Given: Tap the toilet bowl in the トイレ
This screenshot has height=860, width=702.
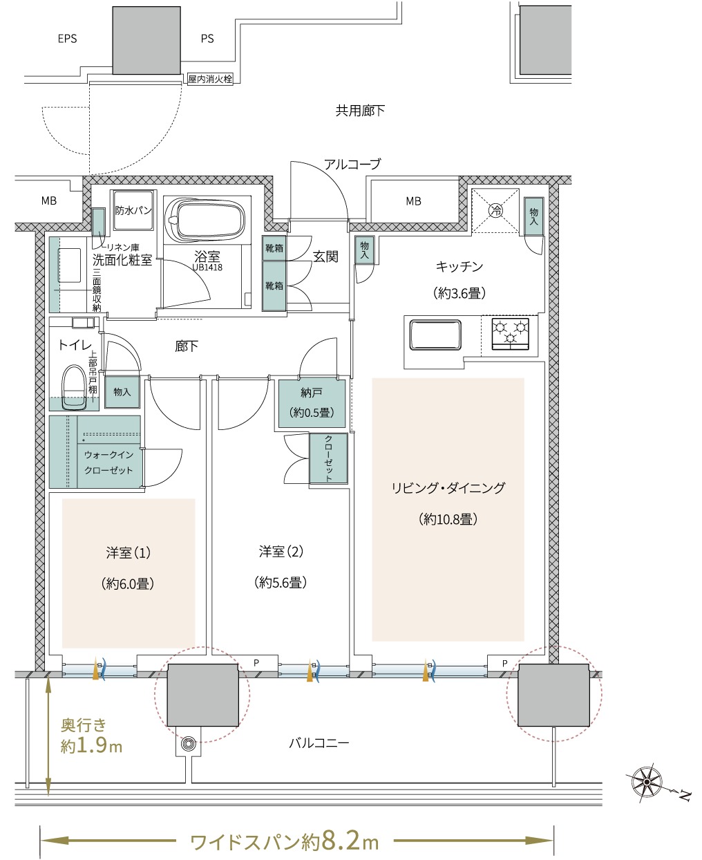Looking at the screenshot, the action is coord(74,386).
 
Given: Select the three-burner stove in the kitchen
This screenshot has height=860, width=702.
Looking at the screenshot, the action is coord(511,334).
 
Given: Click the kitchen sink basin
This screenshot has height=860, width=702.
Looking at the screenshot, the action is coord(435,335).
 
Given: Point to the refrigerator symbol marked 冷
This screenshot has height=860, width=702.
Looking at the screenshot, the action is coord(495,211).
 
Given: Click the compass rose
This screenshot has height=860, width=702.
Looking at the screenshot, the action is coord(647,781).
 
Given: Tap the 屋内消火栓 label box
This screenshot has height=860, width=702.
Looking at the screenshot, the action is coord(210,79).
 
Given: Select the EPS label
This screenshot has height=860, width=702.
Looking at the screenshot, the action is coord(67,39).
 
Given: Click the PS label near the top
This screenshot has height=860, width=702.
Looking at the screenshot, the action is coord(207,39).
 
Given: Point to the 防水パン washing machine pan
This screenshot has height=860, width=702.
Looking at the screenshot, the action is coord(133,210).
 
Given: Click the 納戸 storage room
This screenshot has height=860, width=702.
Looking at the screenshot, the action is coord(312,403).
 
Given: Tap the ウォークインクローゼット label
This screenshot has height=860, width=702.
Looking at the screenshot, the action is coord(108,462).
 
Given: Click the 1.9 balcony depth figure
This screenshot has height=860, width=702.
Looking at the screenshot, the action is coord(92,745).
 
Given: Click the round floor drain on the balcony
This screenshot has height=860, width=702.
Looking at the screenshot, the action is coord(189,744).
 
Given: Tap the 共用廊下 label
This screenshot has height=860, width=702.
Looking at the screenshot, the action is coord(360,111).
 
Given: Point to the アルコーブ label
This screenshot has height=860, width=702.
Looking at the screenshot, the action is coord(352,164).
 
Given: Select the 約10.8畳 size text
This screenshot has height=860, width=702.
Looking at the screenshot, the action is coord(448,519).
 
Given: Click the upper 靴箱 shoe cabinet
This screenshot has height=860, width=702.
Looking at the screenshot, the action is coord(274,248).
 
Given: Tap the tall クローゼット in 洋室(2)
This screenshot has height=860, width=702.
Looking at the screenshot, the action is coord(329,459).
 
